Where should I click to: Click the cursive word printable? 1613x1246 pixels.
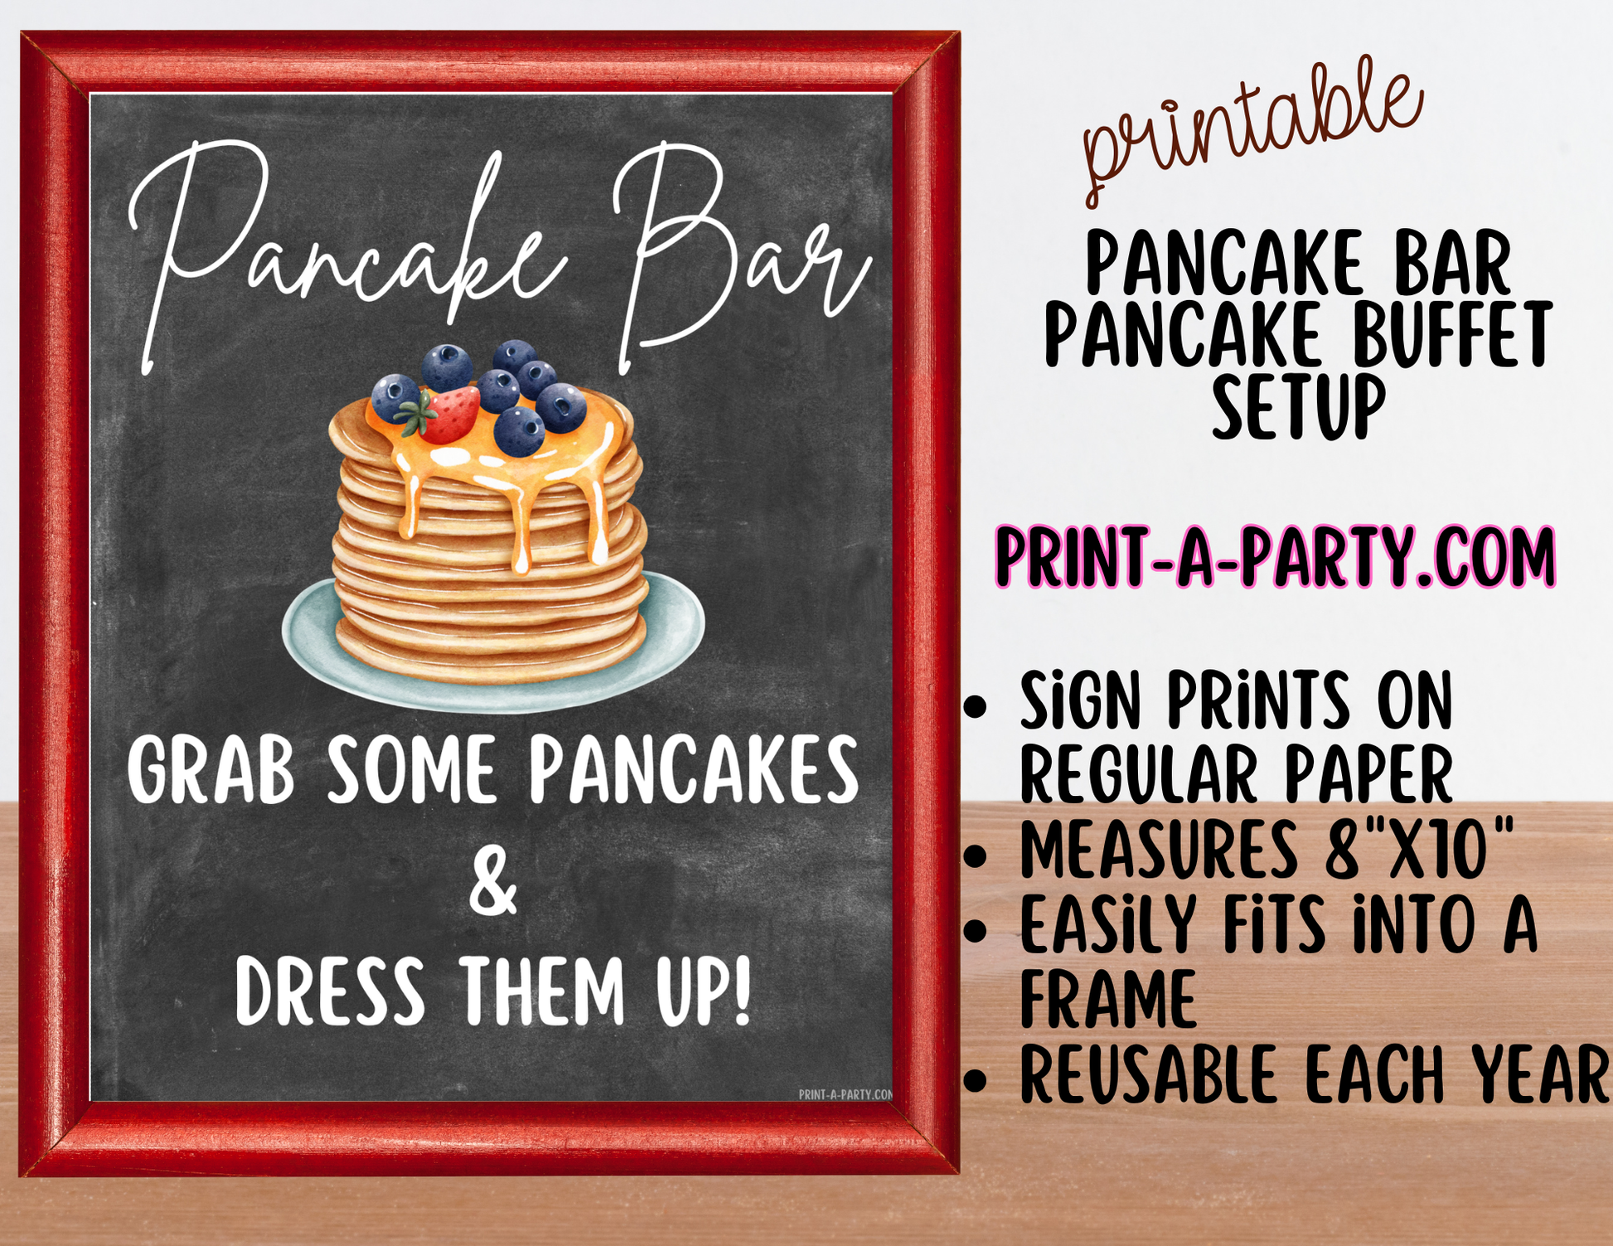[1252, 133]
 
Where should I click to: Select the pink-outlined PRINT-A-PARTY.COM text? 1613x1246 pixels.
[1275, 557]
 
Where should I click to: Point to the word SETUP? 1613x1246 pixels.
[1299, 407]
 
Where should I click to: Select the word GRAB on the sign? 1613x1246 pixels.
[211, 770]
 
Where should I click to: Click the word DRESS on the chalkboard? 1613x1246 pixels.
[329, 991]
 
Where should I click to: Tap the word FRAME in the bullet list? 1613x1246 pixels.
[1108, 998]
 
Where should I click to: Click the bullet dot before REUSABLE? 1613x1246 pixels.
[977, 1080]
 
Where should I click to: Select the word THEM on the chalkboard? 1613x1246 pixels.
[542, 991]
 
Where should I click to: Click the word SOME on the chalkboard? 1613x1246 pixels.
[412, 770]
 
